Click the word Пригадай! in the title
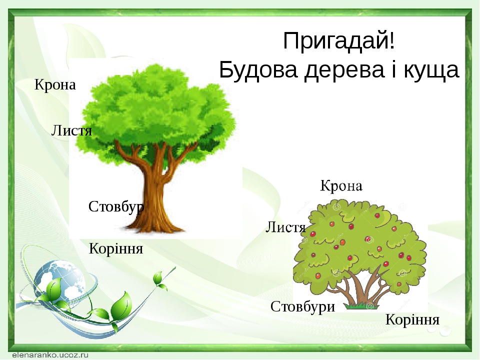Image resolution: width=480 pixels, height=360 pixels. click(x=339, y=41)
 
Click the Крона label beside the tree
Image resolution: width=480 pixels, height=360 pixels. click(x=55, y=85)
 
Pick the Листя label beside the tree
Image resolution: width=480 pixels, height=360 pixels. click(x=72, y=131)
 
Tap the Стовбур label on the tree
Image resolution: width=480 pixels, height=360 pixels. click(x=116, y=206)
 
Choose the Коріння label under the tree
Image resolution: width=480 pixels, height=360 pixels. click(x=116, y=248)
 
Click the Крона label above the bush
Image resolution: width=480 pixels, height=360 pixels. click(x=341, y=186)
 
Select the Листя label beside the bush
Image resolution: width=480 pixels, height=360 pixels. click(x=285, y=228)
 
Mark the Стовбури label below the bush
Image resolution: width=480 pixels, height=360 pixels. click(x=302, y=306)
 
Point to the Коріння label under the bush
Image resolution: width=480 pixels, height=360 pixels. click(x=412, y=320)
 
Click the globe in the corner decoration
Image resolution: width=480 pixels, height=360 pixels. click(x=60, y=280)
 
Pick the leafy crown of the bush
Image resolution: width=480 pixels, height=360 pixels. click(x=360, y=240)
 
